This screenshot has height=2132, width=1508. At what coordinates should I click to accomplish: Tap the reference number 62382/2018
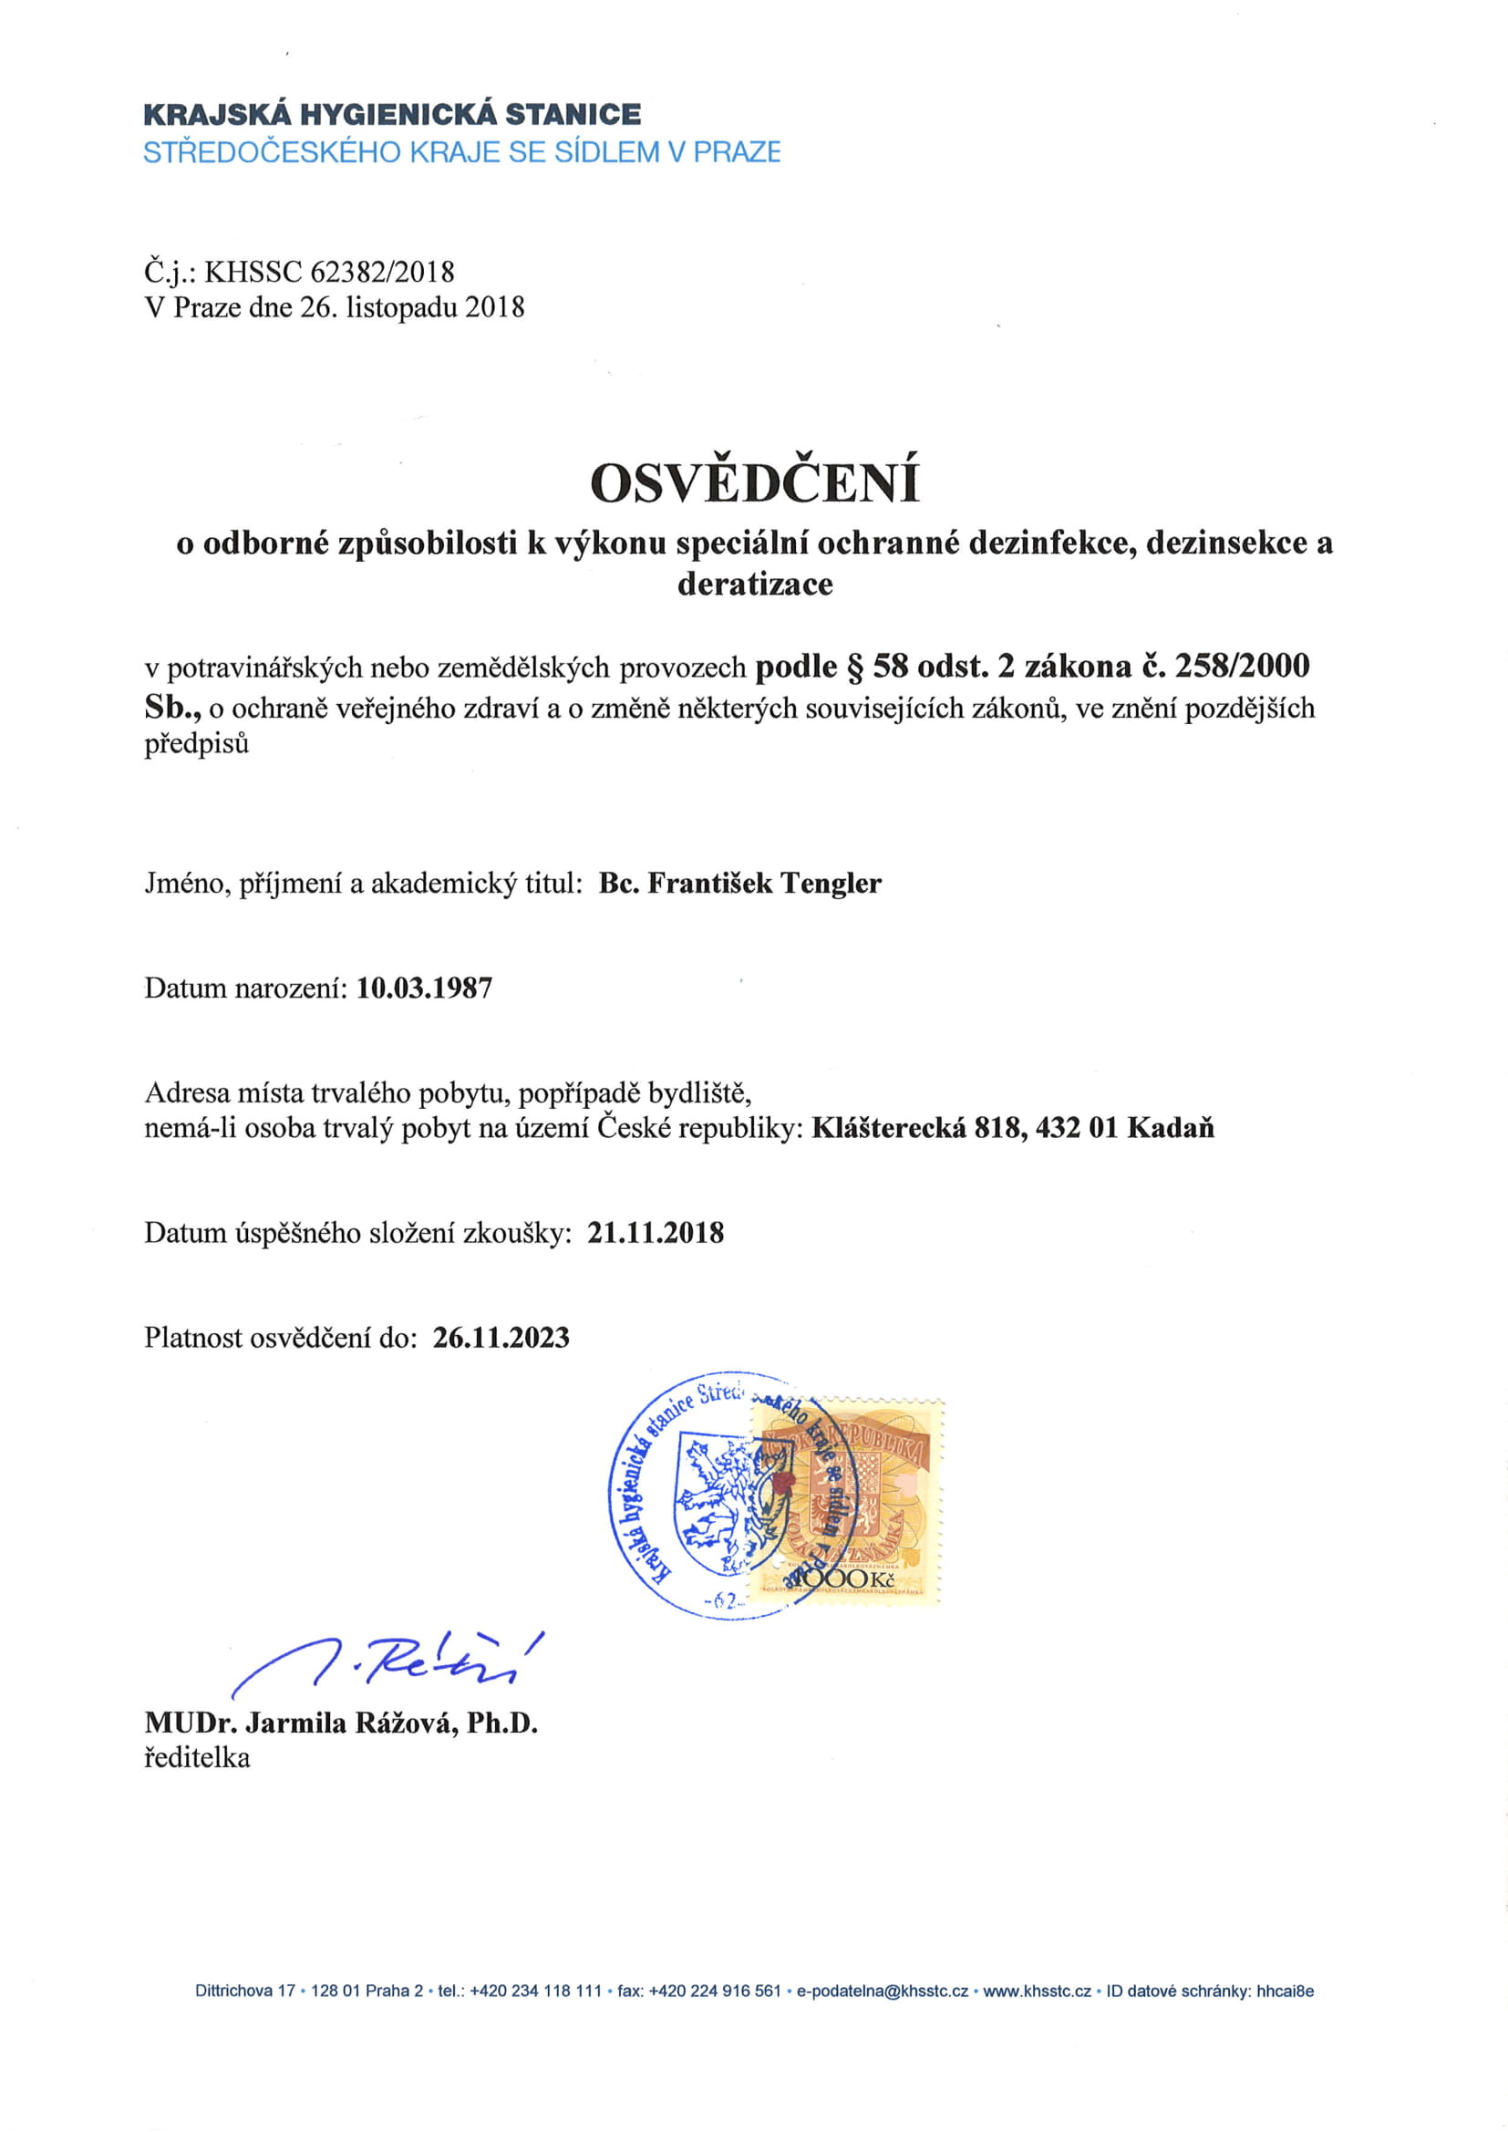[383, 272]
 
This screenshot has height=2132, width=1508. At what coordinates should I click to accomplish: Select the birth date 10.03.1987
[424, 987]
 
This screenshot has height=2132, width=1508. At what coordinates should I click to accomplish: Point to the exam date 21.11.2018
[656, 1233]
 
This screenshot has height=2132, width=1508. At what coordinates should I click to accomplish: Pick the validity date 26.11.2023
[501, 1337]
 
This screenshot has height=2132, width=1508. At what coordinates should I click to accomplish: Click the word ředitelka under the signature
[197, 1758]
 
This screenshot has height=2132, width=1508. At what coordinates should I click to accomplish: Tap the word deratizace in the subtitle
[754, 585]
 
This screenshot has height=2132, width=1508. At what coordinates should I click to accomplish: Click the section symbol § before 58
[855, 667]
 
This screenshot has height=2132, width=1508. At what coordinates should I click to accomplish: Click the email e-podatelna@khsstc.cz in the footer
[883, 1991]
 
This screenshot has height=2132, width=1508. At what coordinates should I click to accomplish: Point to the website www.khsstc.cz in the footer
[1037, 1991]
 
